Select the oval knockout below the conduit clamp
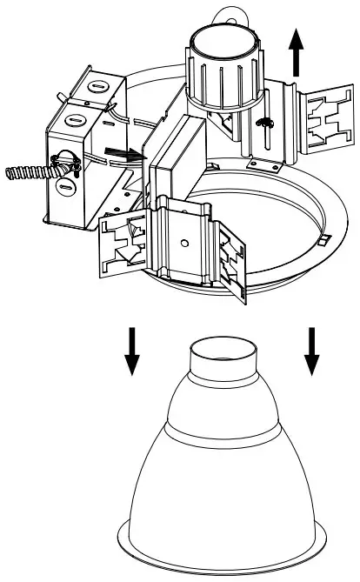pos(62,185)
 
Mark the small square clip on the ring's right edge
pos(323,237)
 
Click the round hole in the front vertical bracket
pos(185,237)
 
